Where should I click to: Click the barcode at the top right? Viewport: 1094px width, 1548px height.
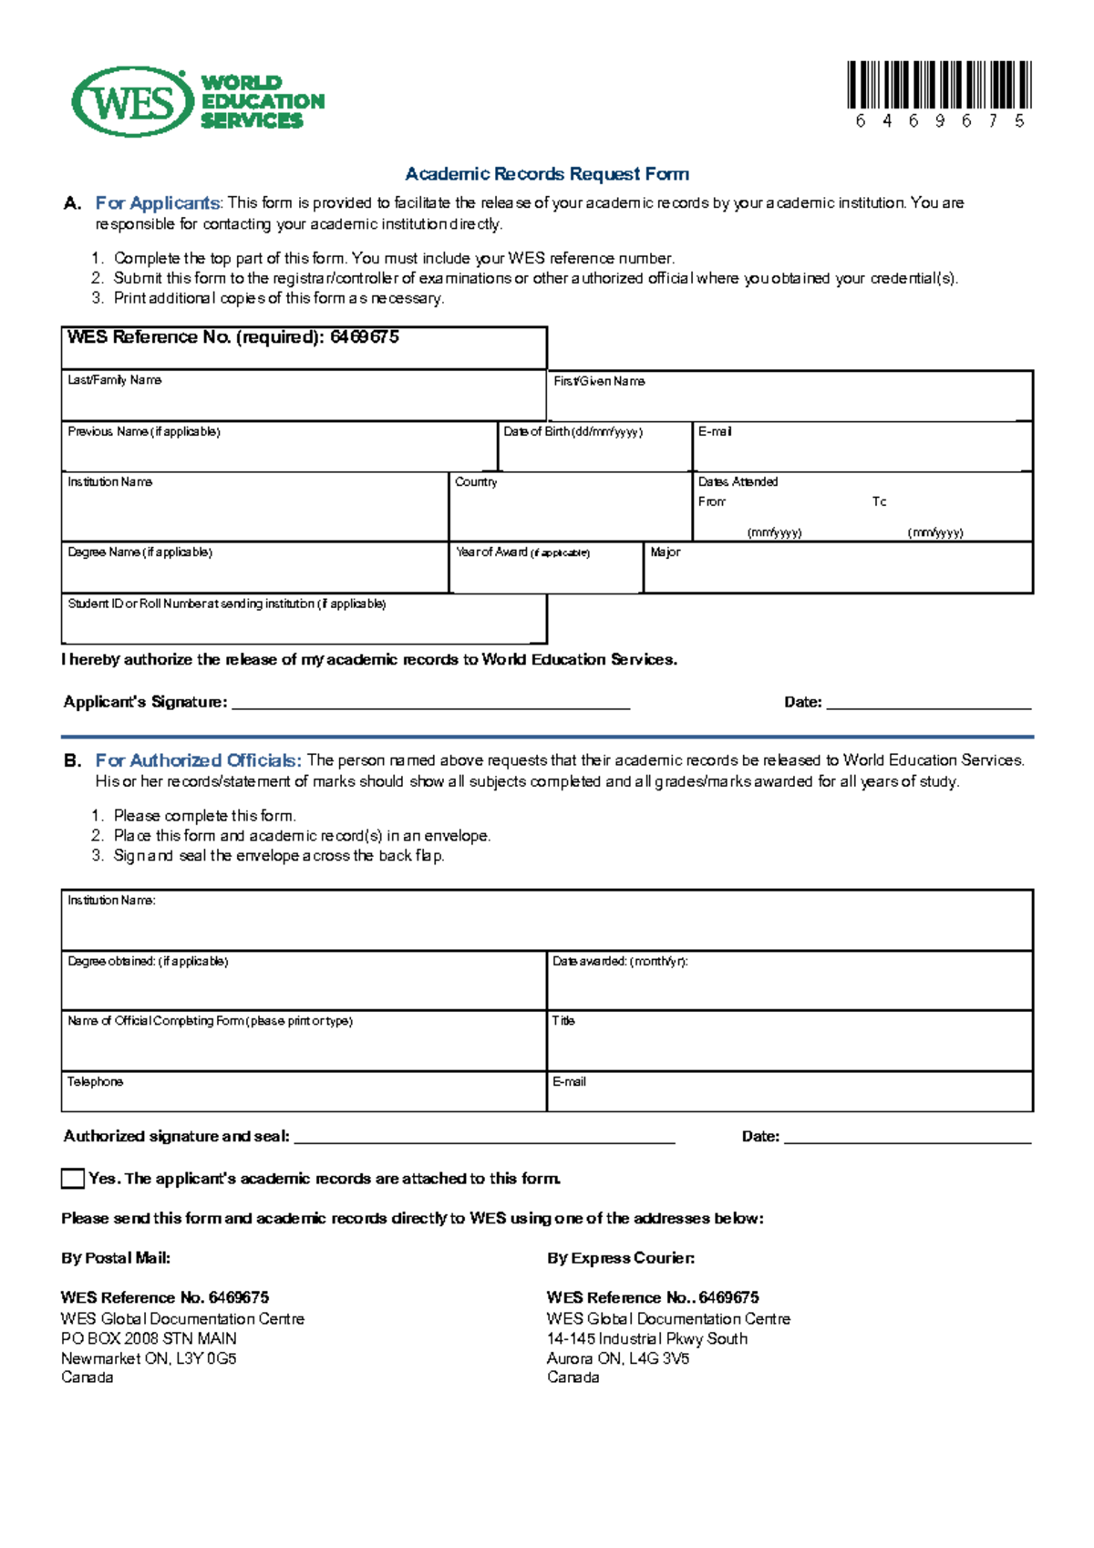(939, 86)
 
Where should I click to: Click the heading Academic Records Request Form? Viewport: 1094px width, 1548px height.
(547, 173)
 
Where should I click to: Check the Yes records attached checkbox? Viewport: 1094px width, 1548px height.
(73, 1179)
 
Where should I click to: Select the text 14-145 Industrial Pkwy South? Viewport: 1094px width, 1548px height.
(646, 1338)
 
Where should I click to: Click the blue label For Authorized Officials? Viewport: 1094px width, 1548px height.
(198, 760)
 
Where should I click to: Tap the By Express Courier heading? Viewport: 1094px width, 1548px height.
(620, 1258)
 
